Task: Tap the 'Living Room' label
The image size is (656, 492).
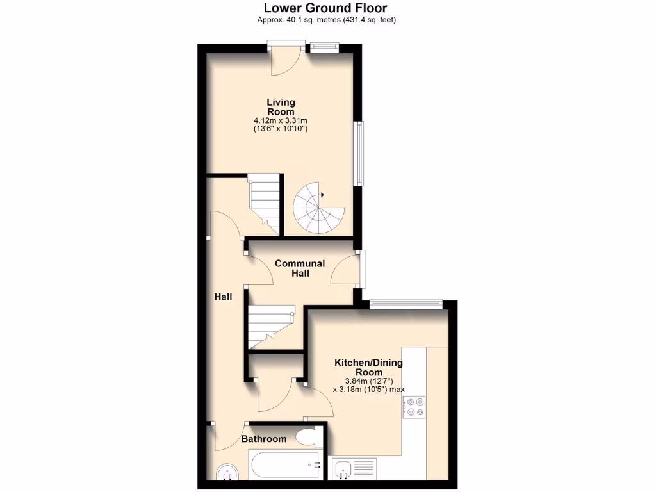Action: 281,107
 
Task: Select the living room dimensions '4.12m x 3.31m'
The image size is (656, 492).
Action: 281,120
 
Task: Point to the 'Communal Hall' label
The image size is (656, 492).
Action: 300,268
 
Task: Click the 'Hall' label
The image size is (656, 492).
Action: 223,297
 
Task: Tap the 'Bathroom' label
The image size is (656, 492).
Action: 263,439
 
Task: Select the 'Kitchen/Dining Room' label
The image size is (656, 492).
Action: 368,367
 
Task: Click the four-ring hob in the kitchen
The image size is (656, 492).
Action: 413,407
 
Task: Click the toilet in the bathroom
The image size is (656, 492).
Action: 309,437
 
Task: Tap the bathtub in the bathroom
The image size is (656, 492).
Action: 284,466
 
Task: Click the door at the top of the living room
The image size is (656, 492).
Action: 286,58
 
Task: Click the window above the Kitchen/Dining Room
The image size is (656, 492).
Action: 406,302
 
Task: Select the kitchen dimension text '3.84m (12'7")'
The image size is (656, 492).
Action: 368,380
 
